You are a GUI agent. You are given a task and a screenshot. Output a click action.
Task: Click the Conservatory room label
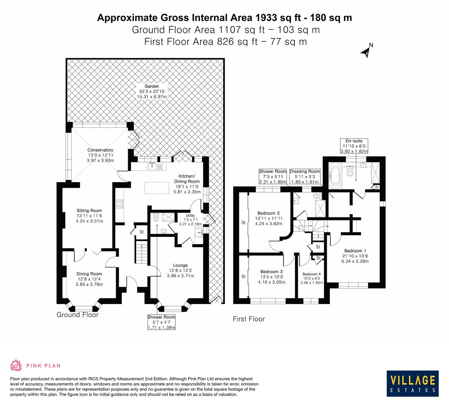click(x=101, y=150)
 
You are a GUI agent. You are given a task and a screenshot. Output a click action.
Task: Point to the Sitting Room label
click(x=89, y=211)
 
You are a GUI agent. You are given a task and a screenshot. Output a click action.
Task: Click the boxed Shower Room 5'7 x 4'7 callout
click(x=161, y=322)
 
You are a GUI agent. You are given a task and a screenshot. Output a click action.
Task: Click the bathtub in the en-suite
click(x=335, y=174)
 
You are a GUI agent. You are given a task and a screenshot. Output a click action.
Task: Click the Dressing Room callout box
click(x=305, y=176)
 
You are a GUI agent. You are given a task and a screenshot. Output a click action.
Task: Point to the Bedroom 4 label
click(x=311, y=274)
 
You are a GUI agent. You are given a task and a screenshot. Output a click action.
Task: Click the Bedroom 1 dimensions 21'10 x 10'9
click(x=354, y=256)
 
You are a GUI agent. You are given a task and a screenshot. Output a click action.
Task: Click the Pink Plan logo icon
click(x=17, y=365)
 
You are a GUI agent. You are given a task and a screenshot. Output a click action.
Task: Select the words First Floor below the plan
click(x=249, y=319)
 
